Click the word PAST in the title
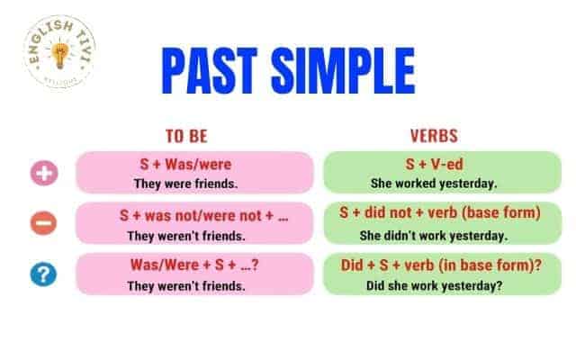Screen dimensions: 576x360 210,70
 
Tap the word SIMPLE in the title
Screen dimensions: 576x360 344,70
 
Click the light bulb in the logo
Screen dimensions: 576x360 60,55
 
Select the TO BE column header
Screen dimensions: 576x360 186,136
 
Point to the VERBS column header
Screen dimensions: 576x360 434,136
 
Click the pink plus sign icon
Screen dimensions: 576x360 44,173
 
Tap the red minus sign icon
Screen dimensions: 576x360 44,223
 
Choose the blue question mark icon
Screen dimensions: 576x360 44,274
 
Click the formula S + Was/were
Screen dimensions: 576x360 186,164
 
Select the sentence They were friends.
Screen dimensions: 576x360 186,184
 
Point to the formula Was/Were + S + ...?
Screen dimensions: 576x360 194,265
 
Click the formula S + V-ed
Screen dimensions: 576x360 434,164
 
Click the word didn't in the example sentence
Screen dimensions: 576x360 400,236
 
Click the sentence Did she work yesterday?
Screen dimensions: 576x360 434,285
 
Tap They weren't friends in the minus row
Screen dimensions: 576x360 186,236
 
